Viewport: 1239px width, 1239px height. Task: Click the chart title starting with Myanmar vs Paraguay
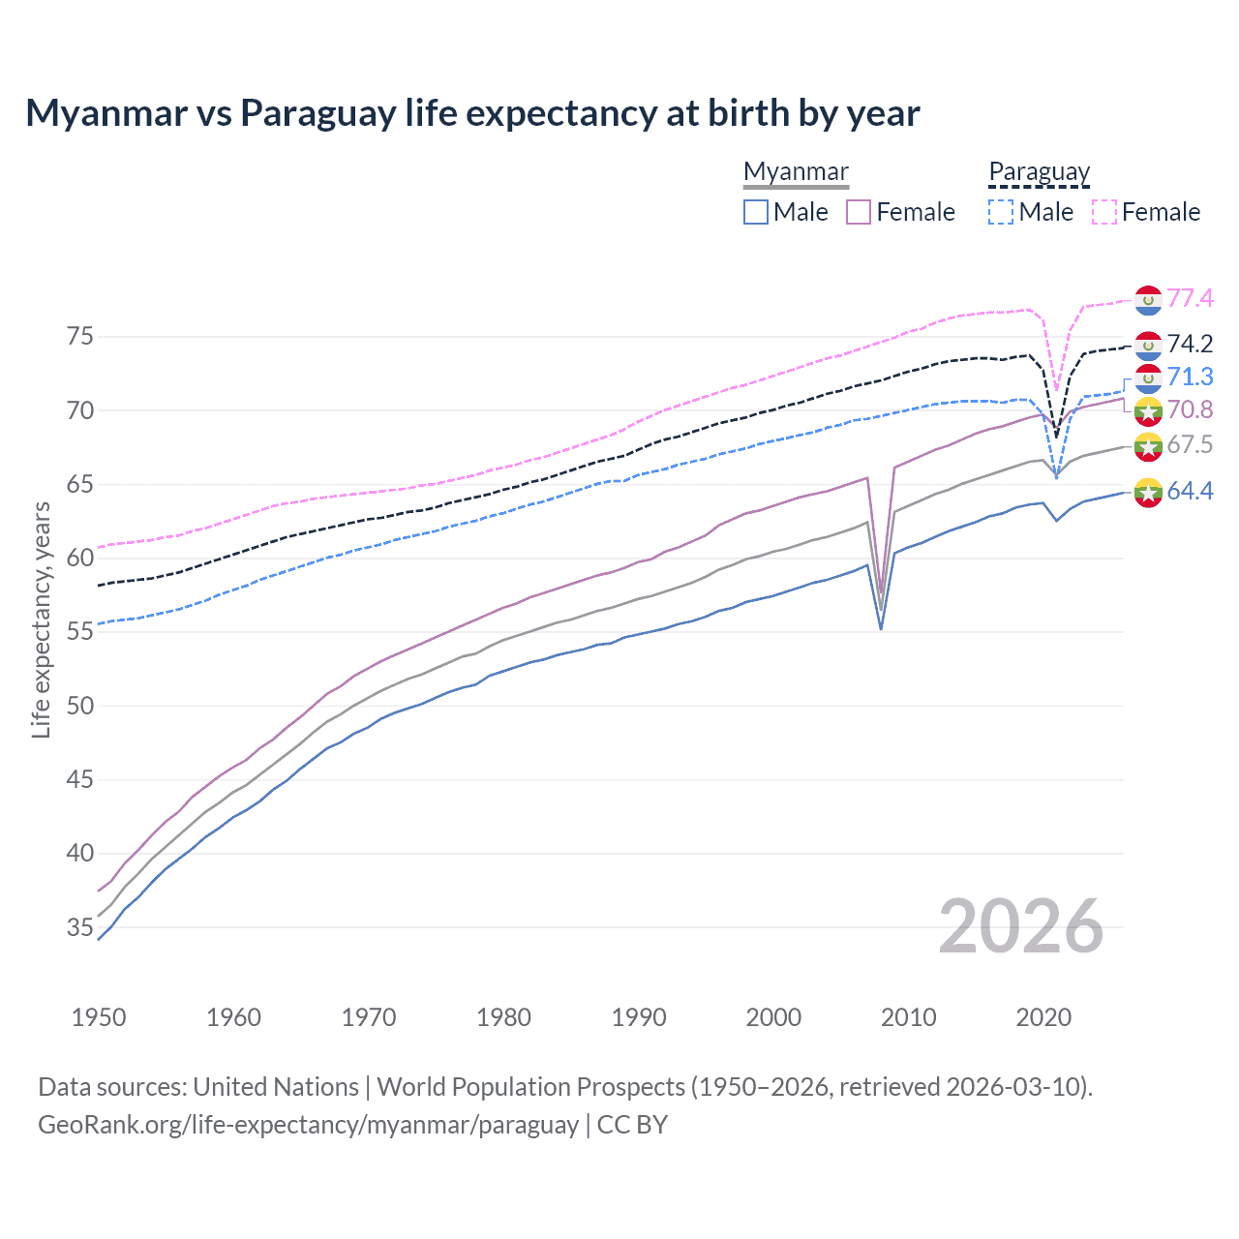(x=472, y=113)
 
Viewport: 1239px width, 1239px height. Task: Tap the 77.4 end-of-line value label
(x=1190, y=298)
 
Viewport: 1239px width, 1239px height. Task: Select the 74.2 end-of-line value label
(x=1190, y=344)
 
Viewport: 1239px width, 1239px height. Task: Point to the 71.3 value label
(x=1190, y=377)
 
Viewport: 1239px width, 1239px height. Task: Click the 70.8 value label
(x=1190, y=409)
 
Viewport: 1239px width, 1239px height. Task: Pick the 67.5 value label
(x=1190, y=444)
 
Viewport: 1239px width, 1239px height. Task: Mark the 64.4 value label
(x=1190, y=491)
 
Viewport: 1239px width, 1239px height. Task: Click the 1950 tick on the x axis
(x=99, y=1017)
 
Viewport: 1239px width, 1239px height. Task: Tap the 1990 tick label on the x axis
(x=639, y=1017)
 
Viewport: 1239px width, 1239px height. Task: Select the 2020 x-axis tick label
(x=1043, y=1017)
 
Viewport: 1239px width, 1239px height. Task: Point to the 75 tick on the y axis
(x=79, y=337)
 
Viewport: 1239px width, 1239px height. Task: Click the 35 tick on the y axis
(x=79, y=927)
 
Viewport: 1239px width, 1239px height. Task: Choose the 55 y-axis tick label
(x=79, y=632)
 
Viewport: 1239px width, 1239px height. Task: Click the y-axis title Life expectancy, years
(x=41, y=619)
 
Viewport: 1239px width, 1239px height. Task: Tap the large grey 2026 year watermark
(x=1021, y=926)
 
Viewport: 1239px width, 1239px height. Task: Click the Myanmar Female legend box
(x=859, y=212)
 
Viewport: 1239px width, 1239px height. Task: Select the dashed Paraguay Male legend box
(x=1001, y=212)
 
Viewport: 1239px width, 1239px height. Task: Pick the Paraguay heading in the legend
(x=1039, y=171)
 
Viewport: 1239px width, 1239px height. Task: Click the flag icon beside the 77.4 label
(x=1148, y=300)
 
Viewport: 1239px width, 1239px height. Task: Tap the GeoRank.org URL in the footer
(x=308, y=1125)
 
